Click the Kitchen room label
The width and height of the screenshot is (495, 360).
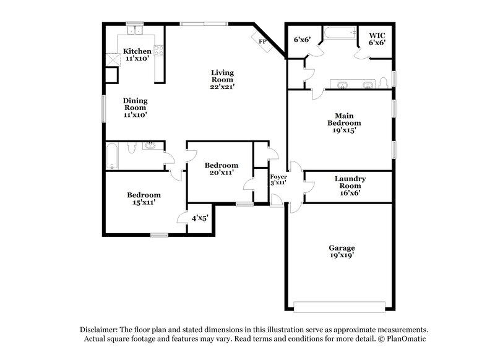click(137, 51)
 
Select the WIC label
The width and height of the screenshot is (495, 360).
click(377, 35)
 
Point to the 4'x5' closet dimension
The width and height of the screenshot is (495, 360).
click(200, 218)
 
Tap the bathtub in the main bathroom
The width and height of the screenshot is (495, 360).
click(340, 33)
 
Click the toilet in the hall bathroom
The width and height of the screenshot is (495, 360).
click(131, 147)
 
